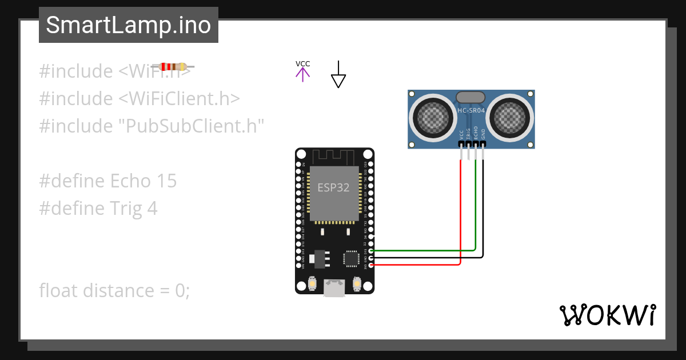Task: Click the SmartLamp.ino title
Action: (128, 25)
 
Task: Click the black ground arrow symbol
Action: (338, 75)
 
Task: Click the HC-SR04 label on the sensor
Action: (471, 110)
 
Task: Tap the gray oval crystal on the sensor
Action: (471, 98)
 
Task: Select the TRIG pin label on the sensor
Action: (469, 135)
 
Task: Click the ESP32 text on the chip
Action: (333, 187)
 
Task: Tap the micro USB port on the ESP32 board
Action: (334, 289)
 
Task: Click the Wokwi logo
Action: (607, 315)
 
